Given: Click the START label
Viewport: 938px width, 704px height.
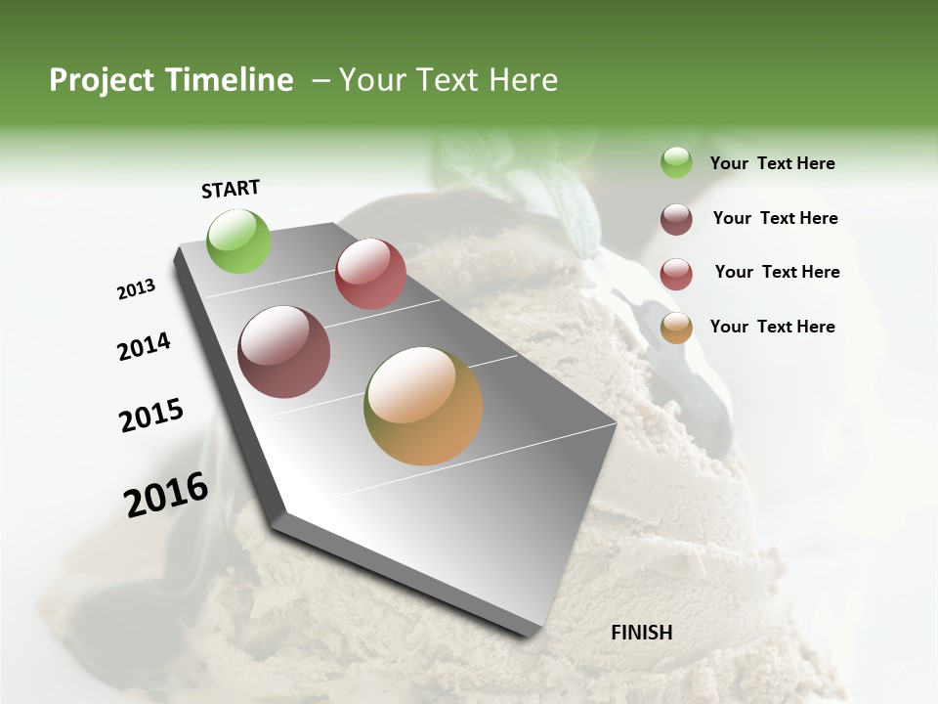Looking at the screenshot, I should point(231,189).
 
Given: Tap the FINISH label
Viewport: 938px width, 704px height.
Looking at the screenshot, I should point(641,633).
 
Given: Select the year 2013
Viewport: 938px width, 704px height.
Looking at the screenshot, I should point(136,289).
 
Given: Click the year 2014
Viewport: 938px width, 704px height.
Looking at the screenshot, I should point(144,347).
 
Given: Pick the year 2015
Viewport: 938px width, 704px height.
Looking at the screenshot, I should point(151,416).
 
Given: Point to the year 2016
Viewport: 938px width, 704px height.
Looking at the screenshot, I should point(166,495).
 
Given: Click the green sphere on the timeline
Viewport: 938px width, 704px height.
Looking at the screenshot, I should point(238,241).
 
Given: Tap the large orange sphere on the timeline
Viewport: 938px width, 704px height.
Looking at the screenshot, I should point(423,406).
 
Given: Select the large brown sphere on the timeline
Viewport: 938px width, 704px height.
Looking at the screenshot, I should point(283,352).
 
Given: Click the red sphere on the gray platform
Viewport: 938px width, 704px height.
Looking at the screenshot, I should point(370,274).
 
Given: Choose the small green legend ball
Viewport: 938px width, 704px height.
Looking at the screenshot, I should point(676,162).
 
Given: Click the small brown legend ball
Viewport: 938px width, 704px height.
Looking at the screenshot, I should point(676,219).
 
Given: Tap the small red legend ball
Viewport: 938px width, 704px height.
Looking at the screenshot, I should point(676,274).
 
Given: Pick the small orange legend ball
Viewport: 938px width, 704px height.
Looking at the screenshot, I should point(676,328).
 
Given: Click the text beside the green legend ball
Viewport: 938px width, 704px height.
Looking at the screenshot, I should point(772,164).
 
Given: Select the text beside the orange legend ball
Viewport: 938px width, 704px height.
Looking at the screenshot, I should point(772,327).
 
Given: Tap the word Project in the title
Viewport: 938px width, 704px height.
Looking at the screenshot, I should point(102,81).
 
